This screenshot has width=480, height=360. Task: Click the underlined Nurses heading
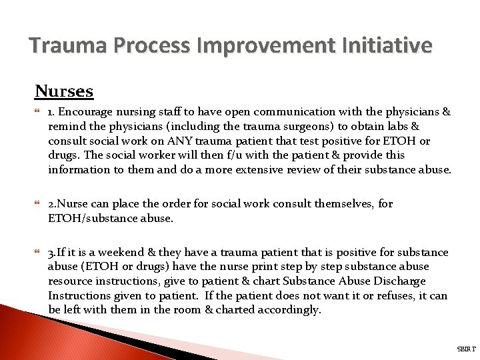click(x=64, y=91)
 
